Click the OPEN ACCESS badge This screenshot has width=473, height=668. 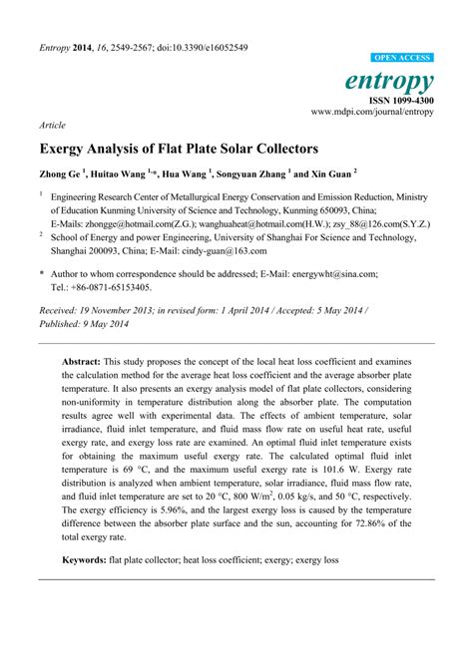tap(402, 59)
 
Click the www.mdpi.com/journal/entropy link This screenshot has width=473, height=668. tap(372, 112)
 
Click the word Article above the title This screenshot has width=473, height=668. tap(51, 127)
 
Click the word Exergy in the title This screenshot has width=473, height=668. tap(64, 150)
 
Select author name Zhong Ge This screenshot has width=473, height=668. tap(59, 173)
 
